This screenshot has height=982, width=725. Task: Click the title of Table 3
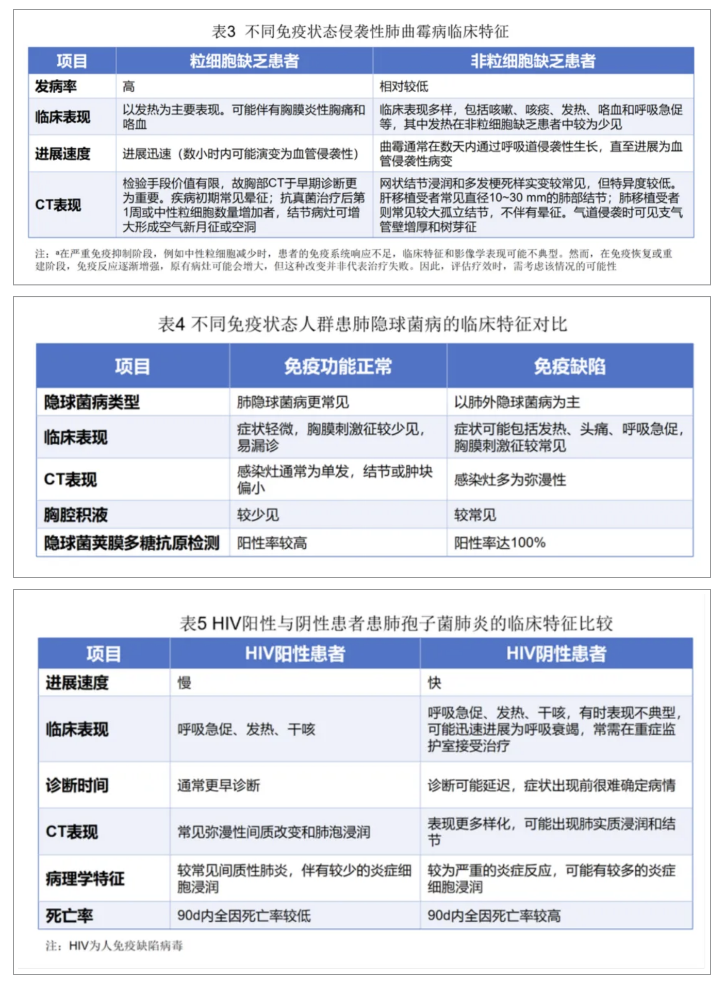point(360,31)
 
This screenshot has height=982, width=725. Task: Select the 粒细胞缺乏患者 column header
point(244,61)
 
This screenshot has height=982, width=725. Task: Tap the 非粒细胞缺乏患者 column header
point(533,61)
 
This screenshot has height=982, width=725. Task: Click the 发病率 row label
point(56,86)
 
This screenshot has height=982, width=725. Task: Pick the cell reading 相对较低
point(404,86)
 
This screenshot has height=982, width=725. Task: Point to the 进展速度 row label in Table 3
point(62,154)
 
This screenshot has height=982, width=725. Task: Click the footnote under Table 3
point(353,260)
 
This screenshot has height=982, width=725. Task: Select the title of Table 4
point(362,324)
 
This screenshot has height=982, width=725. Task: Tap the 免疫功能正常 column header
point(338,366)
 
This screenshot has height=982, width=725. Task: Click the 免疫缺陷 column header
point(570,366)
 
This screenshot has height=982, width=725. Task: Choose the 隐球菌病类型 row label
point(92,402)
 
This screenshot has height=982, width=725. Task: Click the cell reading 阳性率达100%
point(500,543)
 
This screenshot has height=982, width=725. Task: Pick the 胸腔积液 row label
point(76,515)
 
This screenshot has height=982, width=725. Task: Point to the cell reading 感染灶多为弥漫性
point(510,480)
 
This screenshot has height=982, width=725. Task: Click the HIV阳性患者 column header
point(295,653)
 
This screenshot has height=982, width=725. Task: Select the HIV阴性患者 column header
point(556,653)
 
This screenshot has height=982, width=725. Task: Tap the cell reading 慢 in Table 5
point(185,683)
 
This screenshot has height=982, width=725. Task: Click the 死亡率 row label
point(70,916)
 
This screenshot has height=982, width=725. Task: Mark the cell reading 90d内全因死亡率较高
point(494,916)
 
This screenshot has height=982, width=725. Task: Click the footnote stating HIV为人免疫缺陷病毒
point(114,945)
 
